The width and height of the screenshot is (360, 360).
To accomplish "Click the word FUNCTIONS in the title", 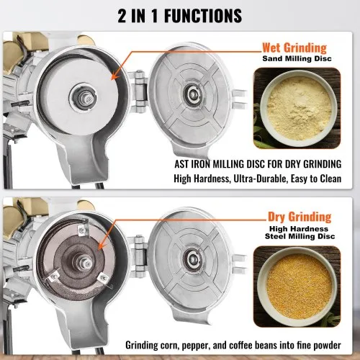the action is (203, 16).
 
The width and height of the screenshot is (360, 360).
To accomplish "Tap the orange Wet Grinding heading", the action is (294, 48).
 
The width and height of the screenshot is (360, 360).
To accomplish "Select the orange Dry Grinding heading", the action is (300, 217).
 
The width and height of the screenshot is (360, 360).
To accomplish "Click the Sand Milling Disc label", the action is (297, 58).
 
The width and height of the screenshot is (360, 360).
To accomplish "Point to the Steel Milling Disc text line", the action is (300, 236).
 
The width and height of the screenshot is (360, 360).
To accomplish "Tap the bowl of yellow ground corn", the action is (299, 286).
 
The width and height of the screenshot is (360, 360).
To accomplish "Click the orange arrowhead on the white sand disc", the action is (115, 76).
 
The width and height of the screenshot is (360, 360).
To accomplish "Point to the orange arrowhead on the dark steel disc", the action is (102, 246).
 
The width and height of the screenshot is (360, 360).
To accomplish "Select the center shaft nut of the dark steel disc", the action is (86, 262).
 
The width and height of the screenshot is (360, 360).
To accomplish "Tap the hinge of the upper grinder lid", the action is (140, 91).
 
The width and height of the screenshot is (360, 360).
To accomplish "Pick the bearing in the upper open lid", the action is (192, 92).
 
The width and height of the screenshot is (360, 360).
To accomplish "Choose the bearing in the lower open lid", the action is (192, 258).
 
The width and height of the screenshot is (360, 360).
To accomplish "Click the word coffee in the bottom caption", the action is (240, 345).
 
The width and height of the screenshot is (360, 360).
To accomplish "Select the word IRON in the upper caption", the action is (201, 164).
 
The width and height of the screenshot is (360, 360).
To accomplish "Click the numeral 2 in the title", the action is (122, 16).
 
